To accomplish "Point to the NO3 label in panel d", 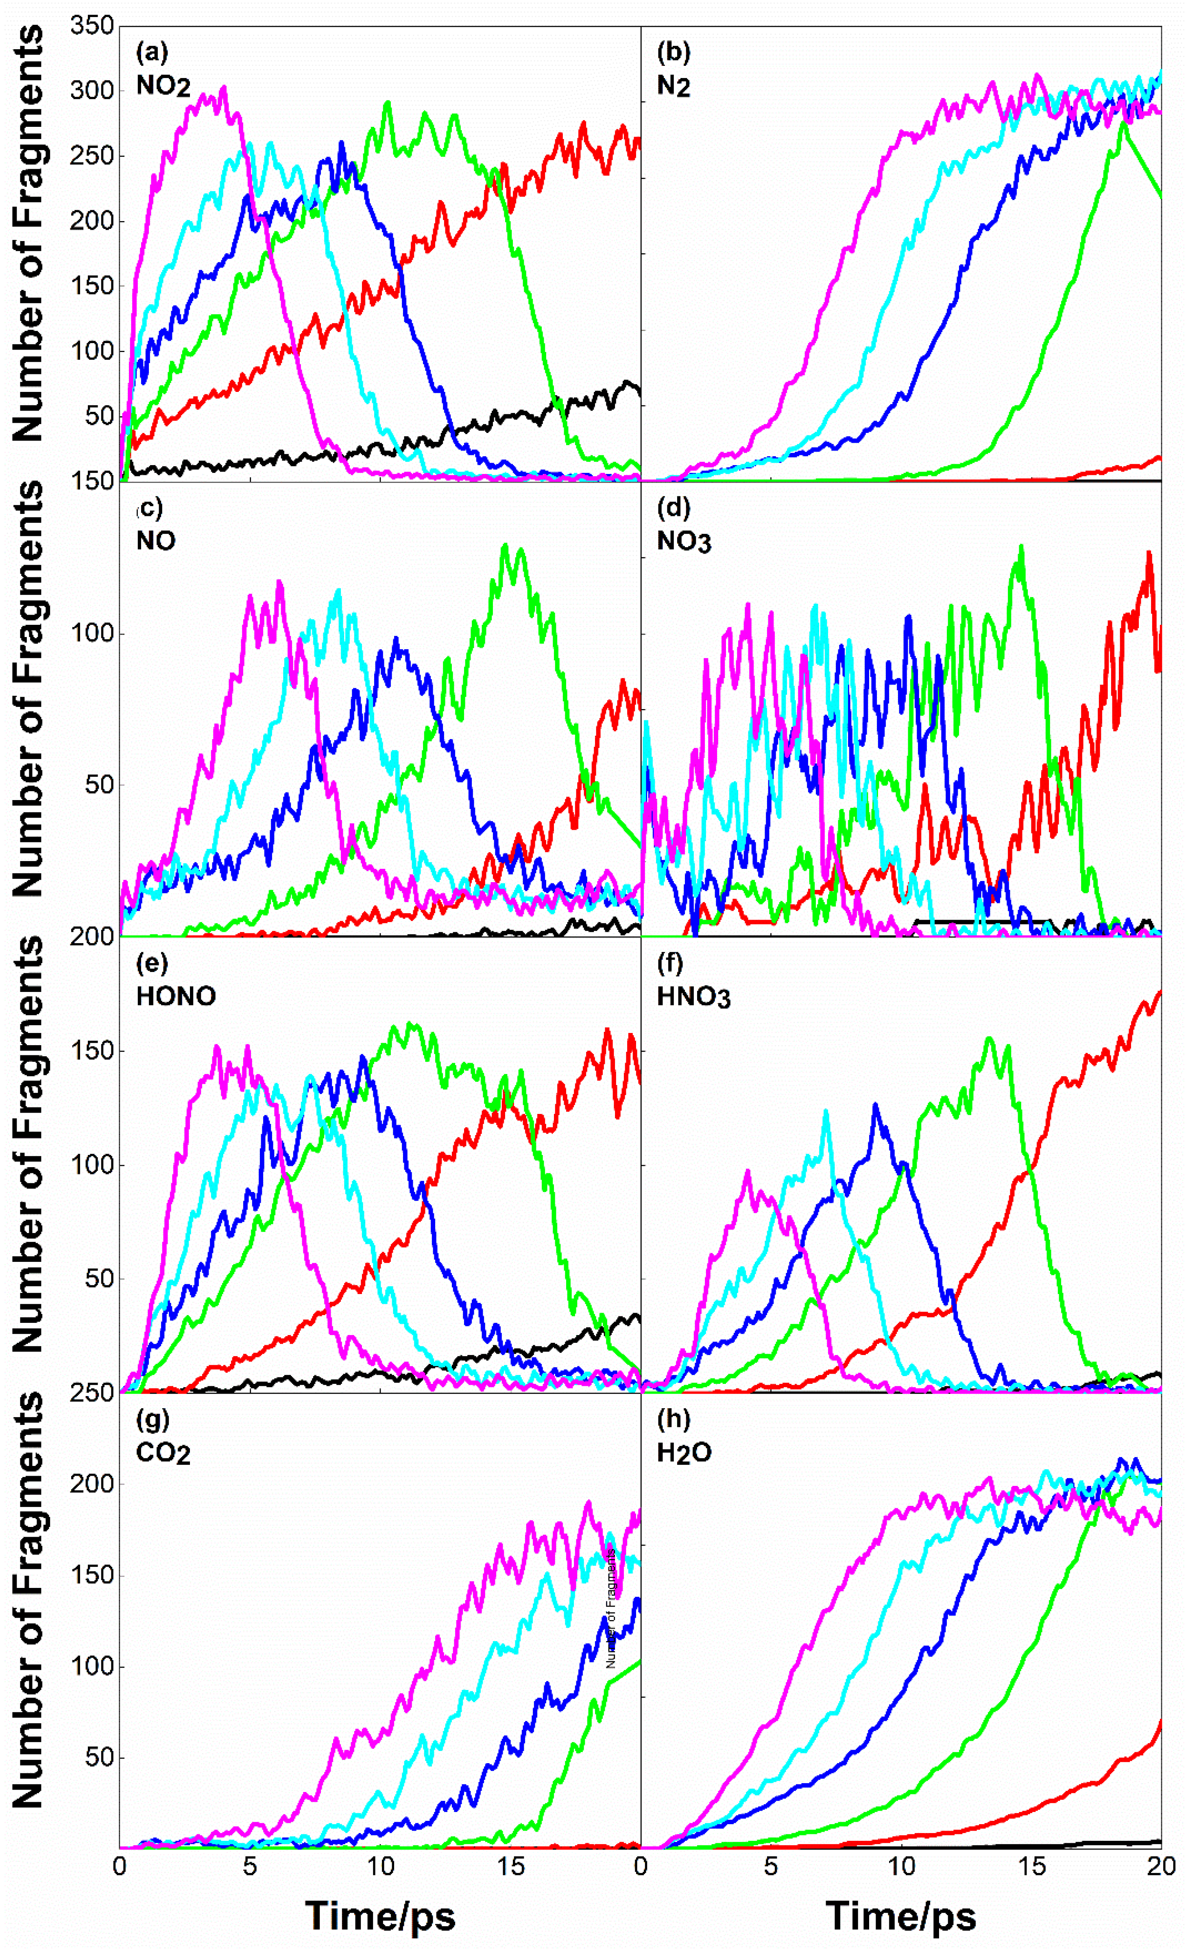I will click(684, 542).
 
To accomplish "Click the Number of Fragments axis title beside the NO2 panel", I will click(28, 234).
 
